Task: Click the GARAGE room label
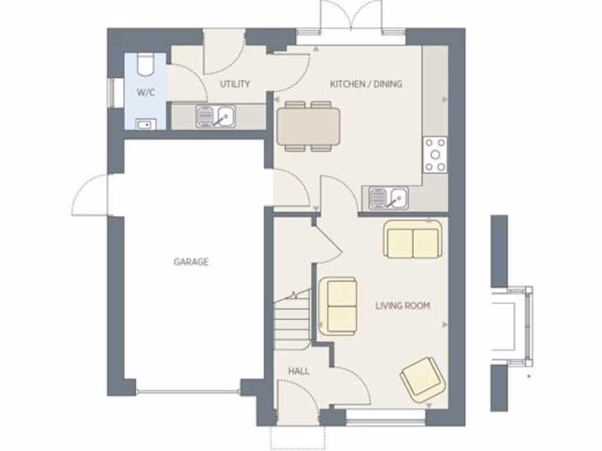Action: (191, 262)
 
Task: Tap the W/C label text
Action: (146, 92)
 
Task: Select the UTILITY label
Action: (235, 84)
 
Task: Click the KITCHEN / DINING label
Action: (366, 84)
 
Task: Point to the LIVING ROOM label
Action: (403, 305)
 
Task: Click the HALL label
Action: (299, 371)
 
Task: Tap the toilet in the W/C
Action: (145, 64)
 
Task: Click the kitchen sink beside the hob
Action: (389, 197)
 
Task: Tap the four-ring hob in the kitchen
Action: (435, 154)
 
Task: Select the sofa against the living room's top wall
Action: (413, 240)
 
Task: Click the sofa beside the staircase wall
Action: (338, 305)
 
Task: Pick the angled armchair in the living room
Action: (423, 379)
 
